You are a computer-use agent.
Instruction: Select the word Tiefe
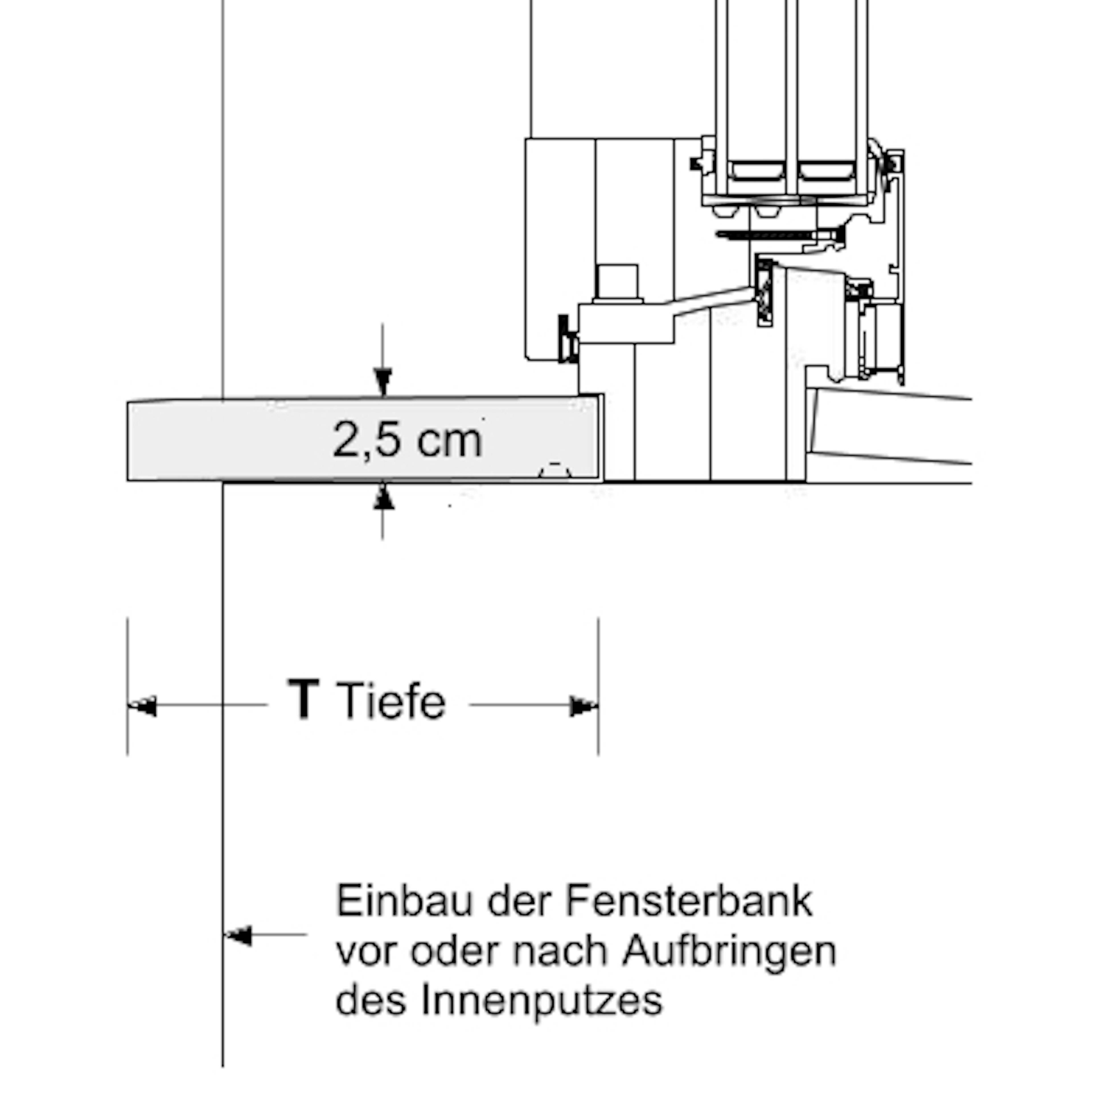(x=391, y=702)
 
